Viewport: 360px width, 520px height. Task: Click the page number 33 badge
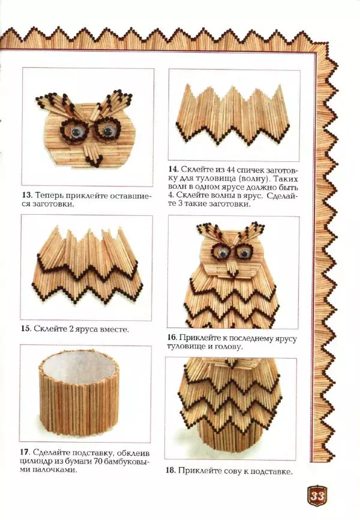click(317, 496)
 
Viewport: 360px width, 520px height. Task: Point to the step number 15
click(25, 329)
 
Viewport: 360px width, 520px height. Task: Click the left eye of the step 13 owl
click(76, 132)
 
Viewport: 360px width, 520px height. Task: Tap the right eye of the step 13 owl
click(107, 131)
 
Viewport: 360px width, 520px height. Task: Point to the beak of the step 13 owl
click(92, 155)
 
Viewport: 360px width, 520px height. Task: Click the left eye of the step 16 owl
click(223, 253)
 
